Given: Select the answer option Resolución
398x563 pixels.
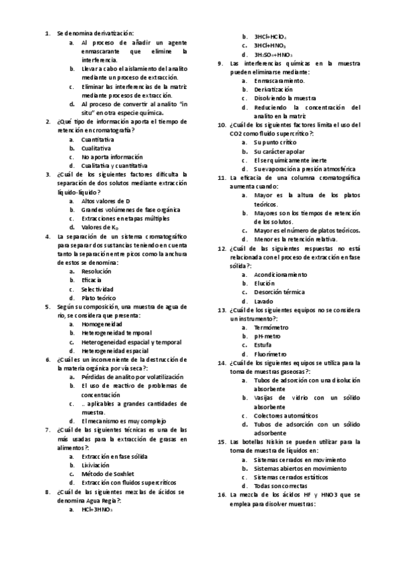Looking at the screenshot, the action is (96, 271).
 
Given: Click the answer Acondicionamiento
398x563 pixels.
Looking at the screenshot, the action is (280, 274).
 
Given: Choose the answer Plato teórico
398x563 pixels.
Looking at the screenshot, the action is (99, 298).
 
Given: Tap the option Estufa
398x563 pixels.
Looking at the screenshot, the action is (263, 345).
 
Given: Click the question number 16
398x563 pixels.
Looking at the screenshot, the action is (223, 495).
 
